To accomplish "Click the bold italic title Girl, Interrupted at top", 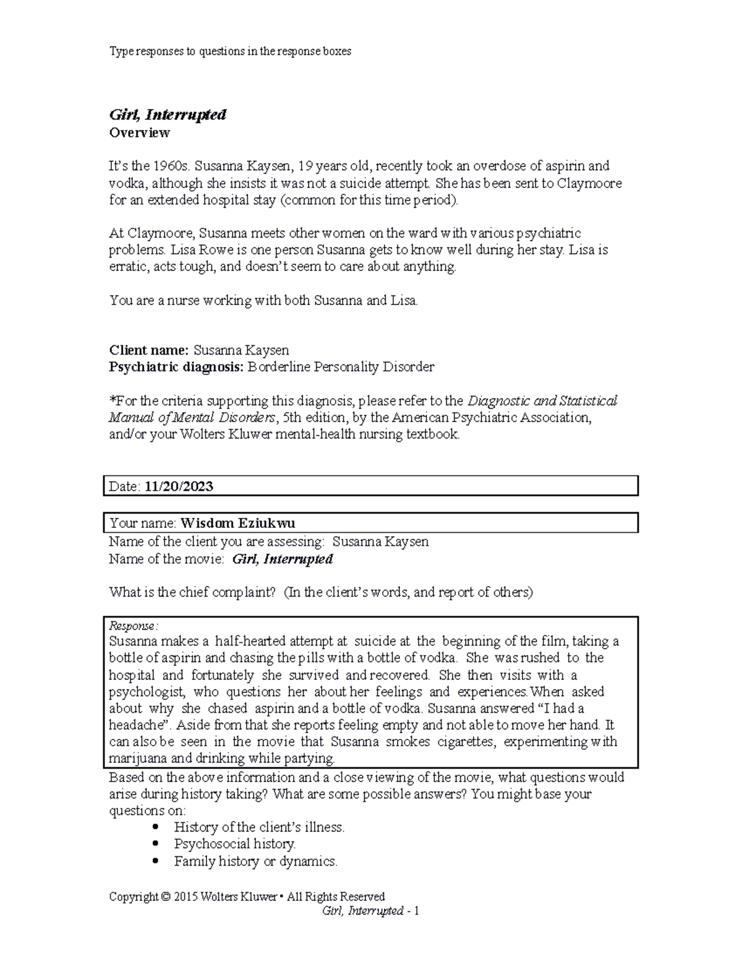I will (168, 114).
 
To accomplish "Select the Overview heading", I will (139, 132).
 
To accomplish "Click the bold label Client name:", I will (148, 350).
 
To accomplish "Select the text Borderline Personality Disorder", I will (341, 367).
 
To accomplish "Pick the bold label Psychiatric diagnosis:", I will (176, 367).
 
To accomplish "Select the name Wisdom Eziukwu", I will (237, 524).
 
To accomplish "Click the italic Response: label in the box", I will (134, 626).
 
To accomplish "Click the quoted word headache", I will (139, 725).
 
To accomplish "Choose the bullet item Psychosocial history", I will (235, 844).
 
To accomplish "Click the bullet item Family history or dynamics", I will (255, 861).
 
